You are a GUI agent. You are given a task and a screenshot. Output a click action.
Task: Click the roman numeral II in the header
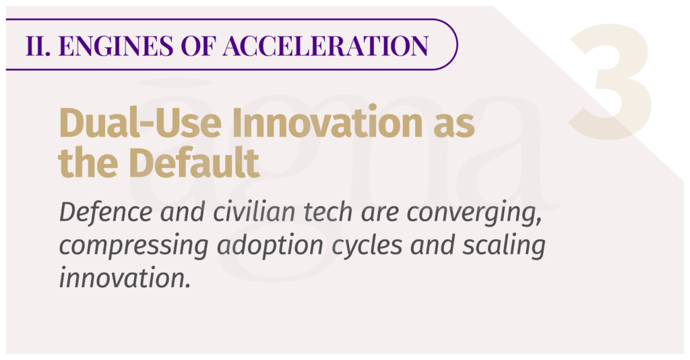pos(38,45)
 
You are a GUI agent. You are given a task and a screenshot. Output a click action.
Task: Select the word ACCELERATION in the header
pos(325,45)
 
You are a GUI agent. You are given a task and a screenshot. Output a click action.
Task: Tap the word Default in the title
pos(194,162)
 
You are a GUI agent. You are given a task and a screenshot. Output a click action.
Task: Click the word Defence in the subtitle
pos(106,212)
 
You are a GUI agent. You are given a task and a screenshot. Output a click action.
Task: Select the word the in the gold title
pos(88,162)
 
